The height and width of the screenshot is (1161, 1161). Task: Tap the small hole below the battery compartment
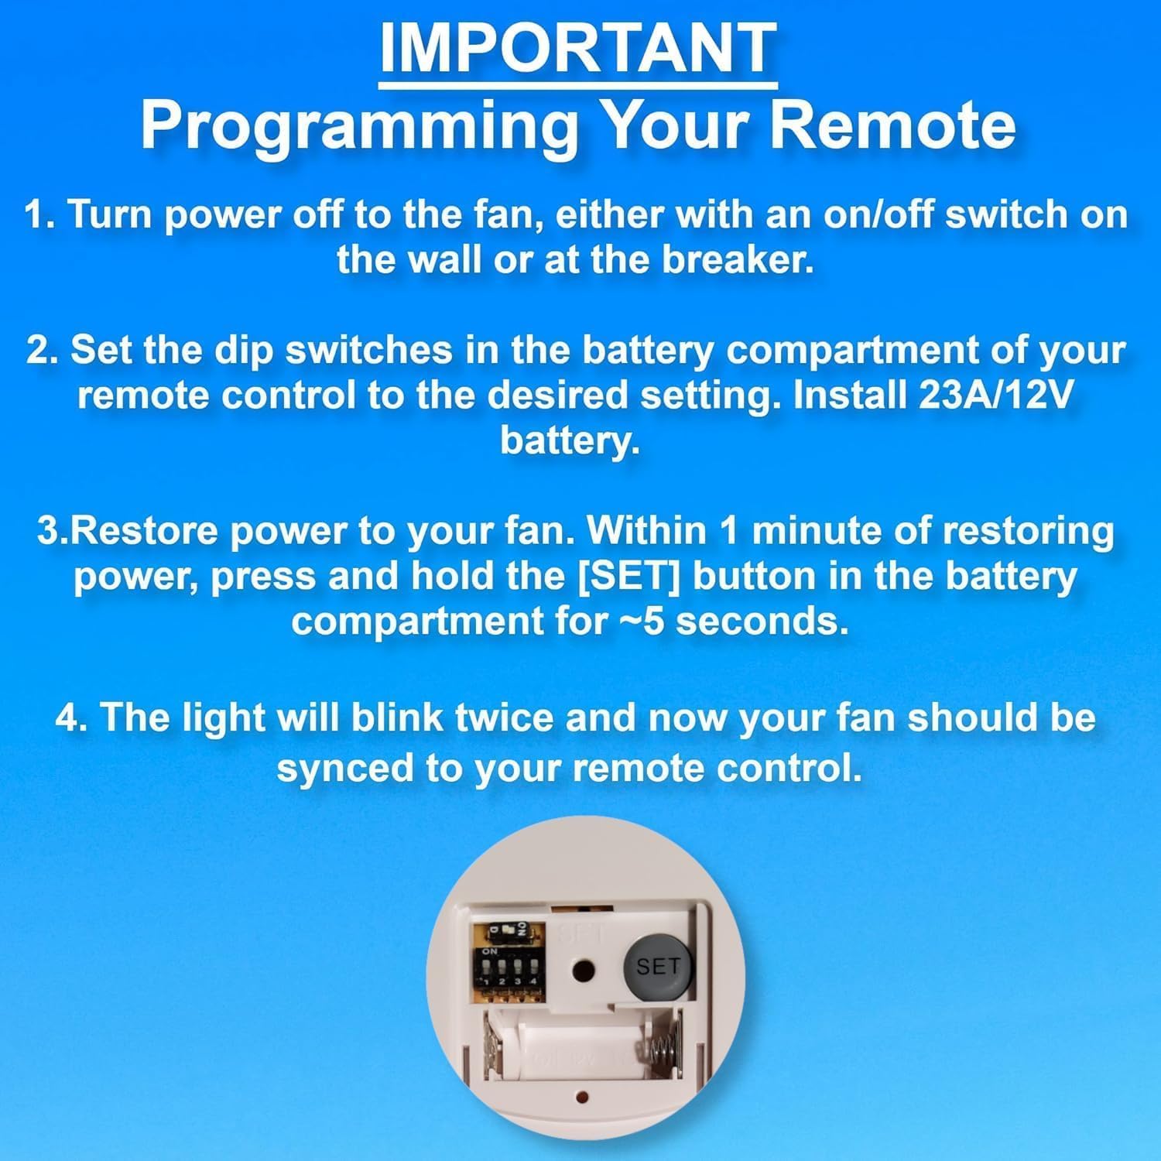point(583,1097)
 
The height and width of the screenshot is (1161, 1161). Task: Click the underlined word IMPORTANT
point(578,47)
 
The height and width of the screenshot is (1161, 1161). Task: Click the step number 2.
point(38,351)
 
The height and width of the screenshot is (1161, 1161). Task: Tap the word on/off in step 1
point(878,214)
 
